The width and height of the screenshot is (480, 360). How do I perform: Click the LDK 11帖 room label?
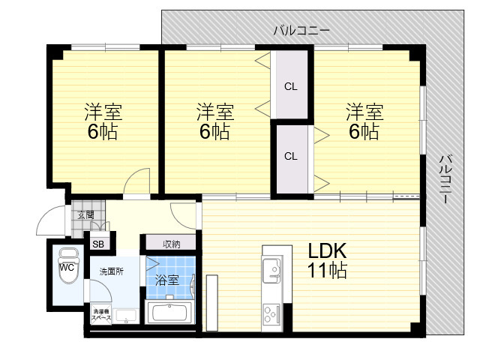[x=327, y=260]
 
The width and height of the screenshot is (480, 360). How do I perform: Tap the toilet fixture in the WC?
[x=69, y=266]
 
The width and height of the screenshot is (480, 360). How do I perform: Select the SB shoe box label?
[x=98, y=244]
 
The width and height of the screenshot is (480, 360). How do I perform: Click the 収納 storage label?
[x=172, y=244]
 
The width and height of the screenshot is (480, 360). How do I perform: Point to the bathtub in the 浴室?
[x=169, y=313]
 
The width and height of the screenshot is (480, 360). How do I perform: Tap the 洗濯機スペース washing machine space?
[x=102, y=314]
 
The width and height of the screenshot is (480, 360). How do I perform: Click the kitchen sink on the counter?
[x=271, y=270]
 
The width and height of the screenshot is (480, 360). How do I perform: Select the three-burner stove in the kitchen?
[x=271, y=313]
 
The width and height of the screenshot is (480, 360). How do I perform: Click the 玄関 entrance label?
[x=85, y=215]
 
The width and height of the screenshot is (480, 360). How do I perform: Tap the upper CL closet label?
[x=290, y=87]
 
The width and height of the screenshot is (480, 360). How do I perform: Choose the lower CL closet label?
[x=290, y=157]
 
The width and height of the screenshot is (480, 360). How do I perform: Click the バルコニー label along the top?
[x=301, y=31]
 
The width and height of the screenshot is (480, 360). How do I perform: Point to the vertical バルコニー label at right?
[x=445, y=179]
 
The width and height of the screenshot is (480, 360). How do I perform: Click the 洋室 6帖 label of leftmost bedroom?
[x=103, y=121]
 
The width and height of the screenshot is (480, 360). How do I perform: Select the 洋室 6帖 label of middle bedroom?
[x=215, y=121]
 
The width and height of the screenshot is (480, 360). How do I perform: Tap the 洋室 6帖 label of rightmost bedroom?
[x=364, y=121]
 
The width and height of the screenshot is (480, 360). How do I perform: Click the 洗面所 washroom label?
[x=112, y=271]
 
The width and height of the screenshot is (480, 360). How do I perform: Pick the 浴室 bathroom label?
[x=166, y=280]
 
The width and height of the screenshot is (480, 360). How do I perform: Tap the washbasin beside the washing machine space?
[x=126, y=316]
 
